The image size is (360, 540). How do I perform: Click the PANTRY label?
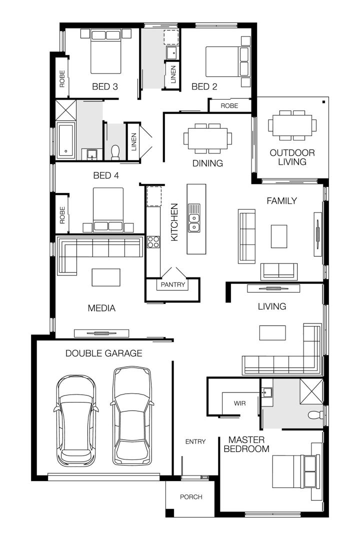(x=172, y=285)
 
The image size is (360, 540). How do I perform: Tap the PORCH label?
(x=191, y=497)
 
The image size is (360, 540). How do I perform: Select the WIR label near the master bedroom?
(x=239, y=402)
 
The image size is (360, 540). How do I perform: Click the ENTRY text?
(x=195, y=441)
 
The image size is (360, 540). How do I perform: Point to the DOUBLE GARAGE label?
(x=104, y=353)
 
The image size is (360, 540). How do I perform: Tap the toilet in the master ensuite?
(x=314, y=415)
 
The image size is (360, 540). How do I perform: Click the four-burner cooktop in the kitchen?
(x=153, y=242)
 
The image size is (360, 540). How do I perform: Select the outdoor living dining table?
(x=292, y=125)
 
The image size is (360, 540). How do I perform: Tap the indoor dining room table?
(x=208, y=138)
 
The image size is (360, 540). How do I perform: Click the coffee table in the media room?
(x=105, y=277)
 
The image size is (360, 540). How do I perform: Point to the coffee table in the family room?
(x=279, y=236)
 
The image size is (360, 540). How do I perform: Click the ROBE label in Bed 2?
(x=229, y=106)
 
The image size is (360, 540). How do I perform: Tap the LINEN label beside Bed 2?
(x=173, y=74)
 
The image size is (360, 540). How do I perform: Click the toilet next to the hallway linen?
(x=115, y=152)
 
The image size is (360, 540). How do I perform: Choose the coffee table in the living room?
(x=272, y=332)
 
